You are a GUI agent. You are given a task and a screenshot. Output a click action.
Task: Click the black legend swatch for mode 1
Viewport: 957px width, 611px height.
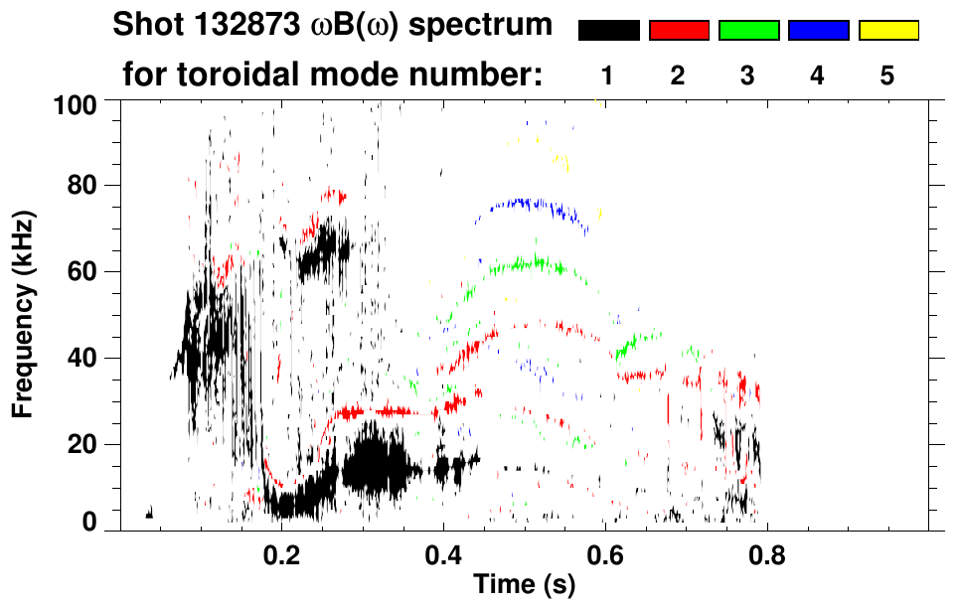pyautogui.click(x=608, y=31)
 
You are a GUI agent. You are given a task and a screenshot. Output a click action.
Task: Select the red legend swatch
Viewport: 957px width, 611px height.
pyautogui.click(x=679, y=31)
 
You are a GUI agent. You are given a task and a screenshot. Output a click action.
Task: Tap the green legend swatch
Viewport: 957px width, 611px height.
pyautogui.click(x=748, y=31)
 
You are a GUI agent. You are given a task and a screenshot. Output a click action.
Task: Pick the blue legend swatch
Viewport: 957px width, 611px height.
pyautogui.click(x=818, y=31)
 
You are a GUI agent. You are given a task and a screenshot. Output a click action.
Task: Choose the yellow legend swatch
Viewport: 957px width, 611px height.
pyautogui.click(x=888, y=31)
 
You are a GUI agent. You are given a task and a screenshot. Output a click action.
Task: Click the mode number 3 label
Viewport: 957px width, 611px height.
pyautogui.click(x=748, y=76)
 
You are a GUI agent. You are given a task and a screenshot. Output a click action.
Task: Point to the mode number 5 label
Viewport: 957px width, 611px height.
pyautogui.click(x=888, y=76)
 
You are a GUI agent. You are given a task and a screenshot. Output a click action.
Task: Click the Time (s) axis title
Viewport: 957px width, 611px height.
pyautogui.click(x=523, y=585)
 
